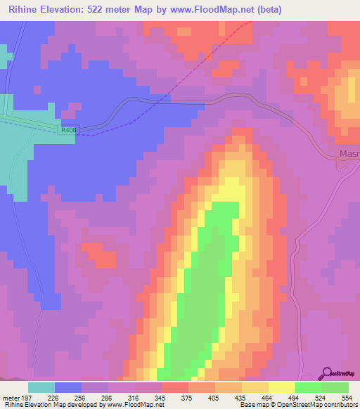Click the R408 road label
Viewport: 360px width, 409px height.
(x=68, y=130)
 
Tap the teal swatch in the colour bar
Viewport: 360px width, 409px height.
(x=41, y=387)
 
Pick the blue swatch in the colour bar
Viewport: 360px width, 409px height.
(x=68, y=387)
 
